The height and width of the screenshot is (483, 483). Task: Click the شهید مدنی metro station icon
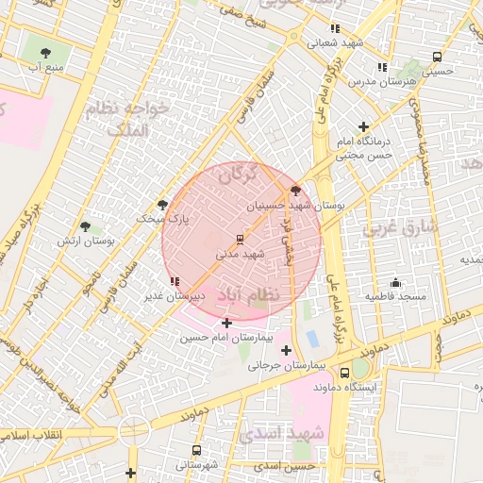239,238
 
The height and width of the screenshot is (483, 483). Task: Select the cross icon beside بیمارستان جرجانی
286,351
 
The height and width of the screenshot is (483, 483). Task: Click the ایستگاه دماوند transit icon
344,373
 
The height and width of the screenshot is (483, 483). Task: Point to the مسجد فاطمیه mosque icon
395,282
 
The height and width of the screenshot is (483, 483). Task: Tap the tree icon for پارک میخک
162,204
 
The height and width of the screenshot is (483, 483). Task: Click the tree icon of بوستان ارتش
86,227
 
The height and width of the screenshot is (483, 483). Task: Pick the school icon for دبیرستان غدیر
175,281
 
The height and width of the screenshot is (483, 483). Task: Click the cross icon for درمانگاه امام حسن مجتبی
365,126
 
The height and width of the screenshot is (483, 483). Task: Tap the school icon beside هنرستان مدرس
381,67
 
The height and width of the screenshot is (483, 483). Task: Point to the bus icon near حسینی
435,56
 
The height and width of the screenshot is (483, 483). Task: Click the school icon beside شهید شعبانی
335,28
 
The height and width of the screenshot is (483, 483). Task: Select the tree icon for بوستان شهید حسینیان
296,190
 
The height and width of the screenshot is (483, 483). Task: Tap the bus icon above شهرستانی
196,450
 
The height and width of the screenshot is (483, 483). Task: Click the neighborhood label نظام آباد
248,295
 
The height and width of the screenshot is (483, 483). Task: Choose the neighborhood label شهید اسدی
281,433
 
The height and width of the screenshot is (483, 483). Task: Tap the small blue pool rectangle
312,338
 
